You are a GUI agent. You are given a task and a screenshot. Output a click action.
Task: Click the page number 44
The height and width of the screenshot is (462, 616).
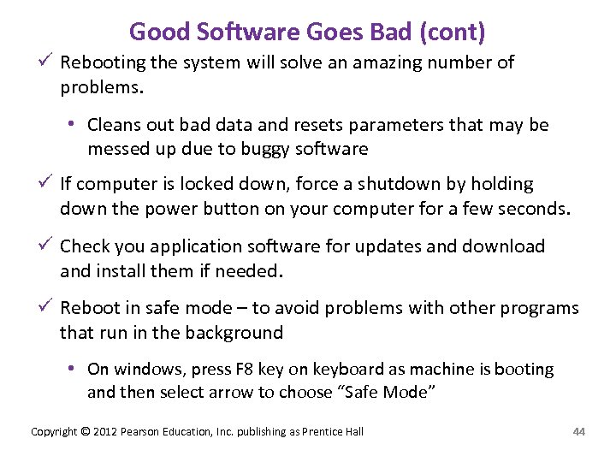(578, 431)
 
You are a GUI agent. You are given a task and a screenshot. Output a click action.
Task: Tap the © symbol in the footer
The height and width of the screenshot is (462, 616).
(85, 431)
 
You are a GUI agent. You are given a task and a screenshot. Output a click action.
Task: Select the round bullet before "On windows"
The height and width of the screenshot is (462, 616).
(74, 369)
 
